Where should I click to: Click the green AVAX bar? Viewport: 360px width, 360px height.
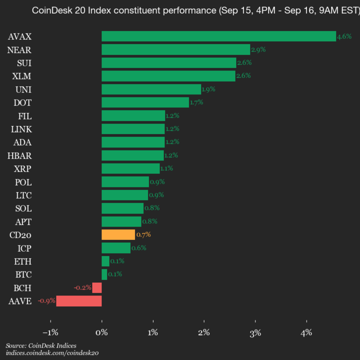click(x=218, y=36)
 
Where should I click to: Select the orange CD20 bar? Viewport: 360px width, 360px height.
click(x=118, y=234)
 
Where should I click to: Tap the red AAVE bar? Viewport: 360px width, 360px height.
click(x=79, y=301)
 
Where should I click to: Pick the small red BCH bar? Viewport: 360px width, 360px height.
click(x=97, y=287)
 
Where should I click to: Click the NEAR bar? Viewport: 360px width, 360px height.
click(x=175, y=49)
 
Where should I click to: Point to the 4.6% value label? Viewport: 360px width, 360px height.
click(x=344, y=36)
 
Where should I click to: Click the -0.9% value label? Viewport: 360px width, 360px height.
click(x=46, y=301)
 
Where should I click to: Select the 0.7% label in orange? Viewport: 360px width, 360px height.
click(x=143, y=234)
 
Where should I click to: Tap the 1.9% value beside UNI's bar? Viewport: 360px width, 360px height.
click(x=208, y=89)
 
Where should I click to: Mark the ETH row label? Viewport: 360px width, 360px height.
click(x=22, y=261)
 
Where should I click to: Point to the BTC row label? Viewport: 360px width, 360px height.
click(x=22, y=274)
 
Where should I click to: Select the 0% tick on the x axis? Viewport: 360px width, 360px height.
click(x=101, y=332)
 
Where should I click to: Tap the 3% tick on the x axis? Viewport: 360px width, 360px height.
click(x=255, y=332)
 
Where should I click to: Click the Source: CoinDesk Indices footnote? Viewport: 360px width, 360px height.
click(x=41, y=345)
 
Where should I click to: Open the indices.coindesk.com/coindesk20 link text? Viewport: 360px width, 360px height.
click(x=52, y=353)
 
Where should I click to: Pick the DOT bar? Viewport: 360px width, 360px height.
click(x=145, y=102)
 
